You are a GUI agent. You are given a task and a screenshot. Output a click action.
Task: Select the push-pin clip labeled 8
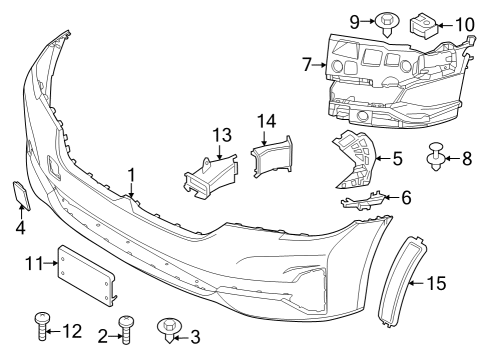[437, 157]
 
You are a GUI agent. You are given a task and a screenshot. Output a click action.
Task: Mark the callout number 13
[220, 134]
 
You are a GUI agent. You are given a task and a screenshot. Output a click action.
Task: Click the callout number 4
[20, 228]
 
